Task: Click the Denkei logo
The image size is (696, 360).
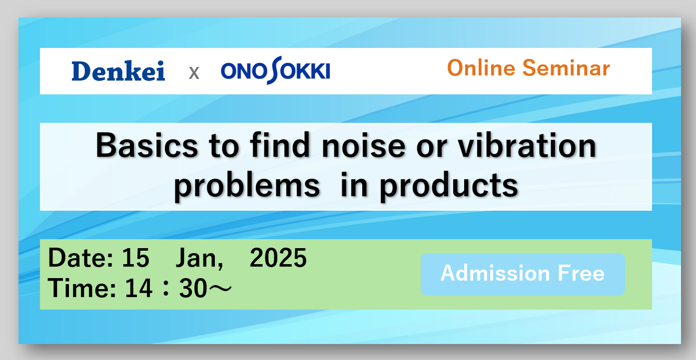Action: [118, 71]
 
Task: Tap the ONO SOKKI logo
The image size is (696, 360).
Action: [275, 71]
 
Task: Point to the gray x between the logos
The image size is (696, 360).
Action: [194, 73]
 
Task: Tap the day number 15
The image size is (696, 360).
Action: [136, 258]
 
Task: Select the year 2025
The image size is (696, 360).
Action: [278, 258]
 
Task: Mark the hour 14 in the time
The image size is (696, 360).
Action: [139, 288]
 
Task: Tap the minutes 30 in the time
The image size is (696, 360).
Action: [193, 288]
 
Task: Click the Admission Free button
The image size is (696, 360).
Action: [523, 274]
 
